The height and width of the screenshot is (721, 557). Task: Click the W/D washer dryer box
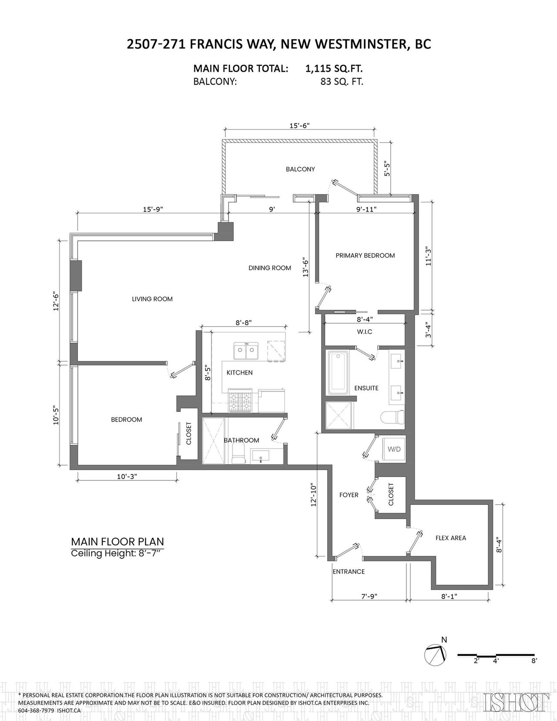[394, 449]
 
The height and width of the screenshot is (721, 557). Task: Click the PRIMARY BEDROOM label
[365, 255]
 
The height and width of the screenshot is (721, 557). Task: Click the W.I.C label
[365, 332]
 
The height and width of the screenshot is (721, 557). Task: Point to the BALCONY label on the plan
[300, 169]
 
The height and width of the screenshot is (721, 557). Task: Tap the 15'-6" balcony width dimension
[299, 125]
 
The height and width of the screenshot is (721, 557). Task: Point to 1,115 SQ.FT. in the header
[334, 69]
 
